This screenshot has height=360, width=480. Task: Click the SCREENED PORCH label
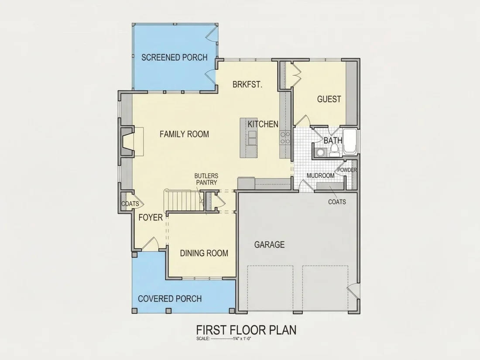[174, 57]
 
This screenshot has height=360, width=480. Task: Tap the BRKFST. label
[247, 84]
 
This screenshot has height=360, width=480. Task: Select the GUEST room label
[329, 99]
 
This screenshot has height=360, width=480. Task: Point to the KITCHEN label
[263, 124]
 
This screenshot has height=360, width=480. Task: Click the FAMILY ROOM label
[184, 134]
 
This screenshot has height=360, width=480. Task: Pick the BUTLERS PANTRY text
[206, 179]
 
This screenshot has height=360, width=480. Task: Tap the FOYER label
[150, 217]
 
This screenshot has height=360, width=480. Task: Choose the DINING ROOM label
[204, 253]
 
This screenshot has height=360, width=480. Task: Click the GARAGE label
[269, 244]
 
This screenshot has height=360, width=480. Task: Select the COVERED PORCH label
[170, 298]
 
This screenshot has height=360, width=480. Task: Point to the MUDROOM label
[321, 176]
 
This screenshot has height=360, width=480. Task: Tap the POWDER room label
[347, 170]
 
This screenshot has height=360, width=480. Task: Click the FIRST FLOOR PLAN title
[246, 330]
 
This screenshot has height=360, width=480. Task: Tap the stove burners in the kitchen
[285, 137]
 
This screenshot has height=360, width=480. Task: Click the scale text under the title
[224, 339]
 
